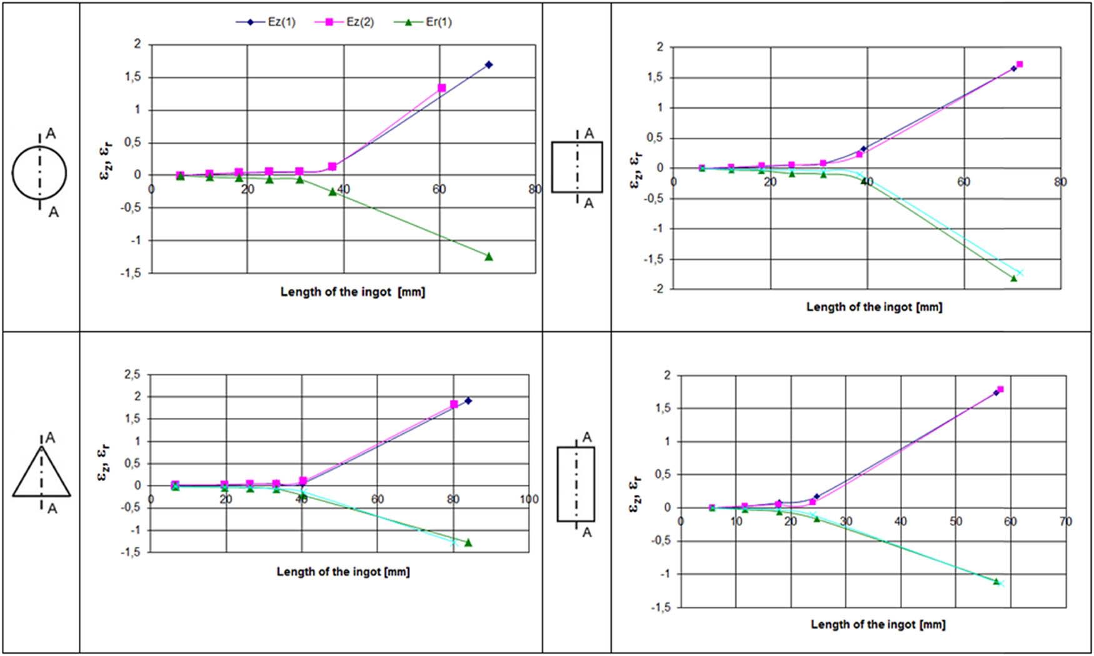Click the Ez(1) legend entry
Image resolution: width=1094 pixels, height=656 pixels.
click(x=266, y=22)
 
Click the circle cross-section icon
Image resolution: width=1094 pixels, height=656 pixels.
click(x=39, y=173)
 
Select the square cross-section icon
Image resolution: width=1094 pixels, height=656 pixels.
click(x=576, y=167)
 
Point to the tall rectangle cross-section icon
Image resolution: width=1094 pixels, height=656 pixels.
click(x=576, y=484)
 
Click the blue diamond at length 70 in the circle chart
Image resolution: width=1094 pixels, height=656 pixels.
click(x=489, y=64)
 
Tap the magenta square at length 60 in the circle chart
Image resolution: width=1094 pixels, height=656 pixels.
click(x=441, y=88)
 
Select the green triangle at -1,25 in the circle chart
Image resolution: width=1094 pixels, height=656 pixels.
click(x=489, y=256)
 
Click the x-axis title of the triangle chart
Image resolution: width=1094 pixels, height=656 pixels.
click(x=343, y=571)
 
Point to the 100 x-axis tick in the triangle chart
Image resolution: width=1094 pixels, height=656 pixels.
click(x=529, y=499)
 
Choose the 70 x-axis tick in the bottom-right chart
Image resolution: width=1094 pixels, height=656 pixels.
click(x=1065, y=521)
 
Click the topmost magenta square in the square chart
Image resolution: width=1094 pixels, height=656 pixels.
click(x=1020, y=64)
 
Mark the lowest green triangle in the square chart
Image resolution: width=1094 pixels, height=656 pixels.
click(x=1014, y=278)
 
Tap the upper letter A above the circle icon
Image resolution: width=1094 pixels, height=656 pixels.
click(x=51, y=133)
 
